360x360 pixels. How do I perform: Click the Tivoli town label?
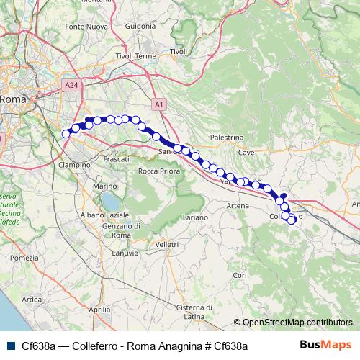(x=178, y=52)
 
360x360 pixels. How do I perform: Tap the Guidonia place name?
(x=140, y=26)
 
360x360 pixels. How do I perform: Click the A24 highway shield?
(x=70, y=84)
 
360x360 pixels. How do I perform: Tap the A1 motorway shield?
(x=159, y=104)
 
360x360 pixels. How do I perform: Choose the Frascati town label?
(x=116, y=158)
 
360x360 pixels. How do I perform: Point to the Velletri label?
(x=166, y=244)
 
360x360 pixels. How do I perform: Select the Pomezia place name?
(x=24, y=258)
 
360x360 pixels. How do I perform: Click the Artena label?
(x=238, y=206)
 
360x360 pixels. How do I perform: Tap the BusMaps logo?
(x=326, y=345)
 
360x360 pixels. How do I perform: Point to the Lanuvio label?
(x=127, y=252)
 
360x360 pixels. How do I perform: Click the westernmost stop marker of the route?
(x=66, y=133)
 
